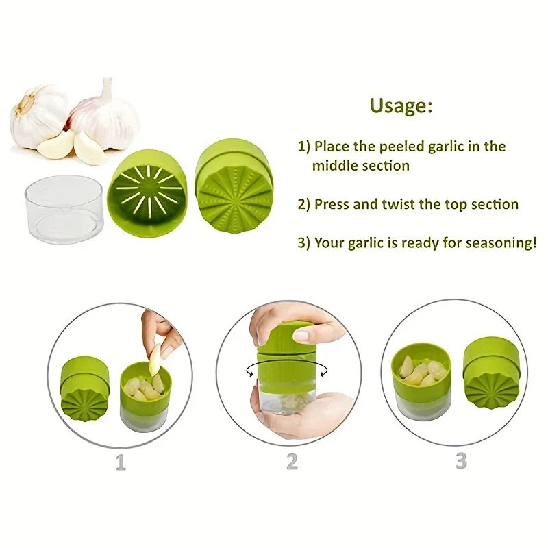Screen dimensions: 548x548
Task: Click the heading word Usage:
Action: tap(401, 105)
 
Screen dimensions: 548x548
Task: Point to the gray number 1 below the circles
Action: tap(121, 462)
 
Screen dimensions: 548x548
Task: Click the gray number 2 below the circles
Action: tap(292, 461)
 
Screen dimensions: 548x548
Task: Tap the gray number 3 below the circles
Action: tap(461, 460)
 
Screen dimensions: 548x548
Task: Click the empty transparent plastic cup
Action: tap(64, 209)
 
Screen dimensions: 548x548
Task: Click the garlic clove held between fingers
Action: tap(155, 360)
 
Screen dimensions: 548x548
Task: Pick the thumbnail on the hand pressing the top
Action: tap(301, 336)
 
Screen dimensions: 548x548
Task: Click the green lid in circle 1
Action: tap(85, 388)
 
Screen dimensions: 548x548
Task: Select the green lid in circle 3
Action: tap(492, 372)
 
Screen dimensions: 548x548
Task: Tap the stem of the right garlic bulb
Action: tap(107, 88)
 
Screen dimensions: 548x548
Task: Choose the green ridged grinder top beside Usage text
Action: tap(234, 185)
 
